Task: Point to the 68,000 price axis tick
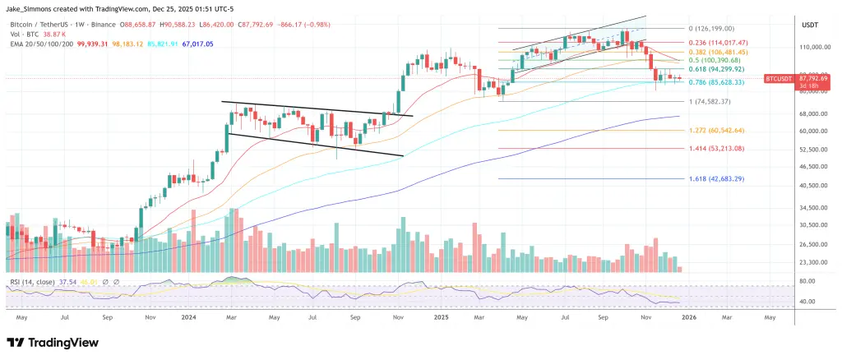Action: (812, 113)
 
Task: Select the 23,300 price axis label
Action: (812, 262)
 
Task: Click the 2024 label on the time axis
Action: (189, 316)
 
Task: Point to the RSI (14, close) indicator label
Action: (34, 281)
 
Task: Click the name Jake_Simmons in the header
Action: (34, 7)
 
